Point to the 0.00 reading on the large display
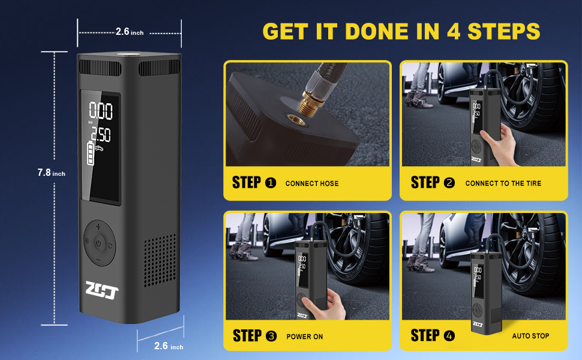tap(101, 111)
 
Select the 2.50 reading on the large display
tap(100, 134)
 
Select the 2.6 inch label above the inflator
tap(129, 32)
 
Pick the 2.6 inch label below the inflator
tap(169, 346)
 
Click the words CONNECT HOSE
tap(312, 184)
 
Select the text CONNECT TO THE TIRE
tap(503, 184)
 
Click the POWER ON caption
tap(305, 337)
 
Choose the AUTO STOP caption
tap(530, 336)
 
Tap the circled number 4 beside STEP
tap(449, 335)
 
